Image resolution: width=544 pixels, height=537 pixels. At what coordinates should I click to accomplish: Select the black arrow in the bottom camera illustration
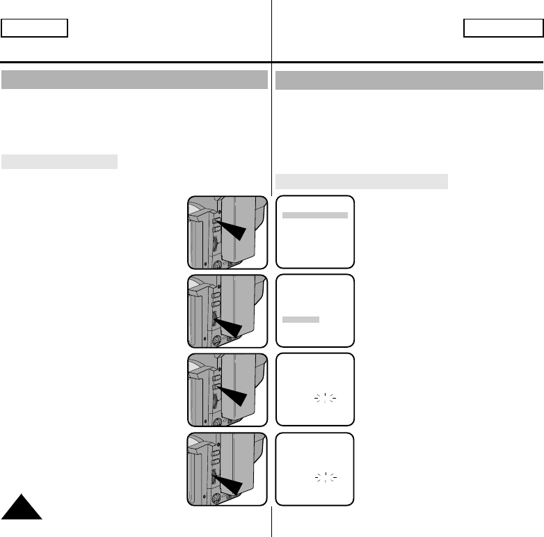coord(230,483)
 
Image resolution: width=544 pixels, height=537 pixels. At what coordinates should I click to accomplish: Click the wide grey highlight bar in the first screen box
coord(315,216)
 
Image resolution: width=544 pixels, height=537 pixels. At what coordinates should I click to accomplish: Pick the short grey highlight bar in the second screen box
coord(301,319)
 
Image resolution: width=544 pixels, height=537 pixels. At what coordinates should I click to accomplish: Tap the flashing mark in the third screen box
coord(325,399)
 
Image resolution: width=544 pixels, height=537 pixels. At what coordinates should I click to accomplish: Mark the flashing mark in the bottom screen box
coord(325,478)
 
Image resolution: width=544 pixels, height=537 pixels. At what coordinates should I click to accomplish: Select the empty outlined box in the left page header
coord(34,28)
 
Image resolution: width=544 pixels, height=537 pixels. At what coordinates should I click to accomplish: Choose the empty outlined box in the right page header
coord(503,28)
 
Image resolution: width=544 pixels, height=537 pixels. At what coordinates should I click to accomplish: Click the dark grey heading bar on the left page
coord(134,79)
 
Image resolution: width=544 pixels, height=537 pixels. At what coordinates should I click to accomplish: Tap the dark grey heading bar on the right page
coord(409,80)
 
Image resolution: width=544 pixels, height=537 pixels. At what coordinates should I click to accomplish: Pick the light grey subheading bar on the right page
coord(361,182)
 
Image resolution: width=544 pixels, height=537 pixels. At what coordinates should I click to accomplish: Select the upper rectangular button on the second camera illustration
coord(216,295)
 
